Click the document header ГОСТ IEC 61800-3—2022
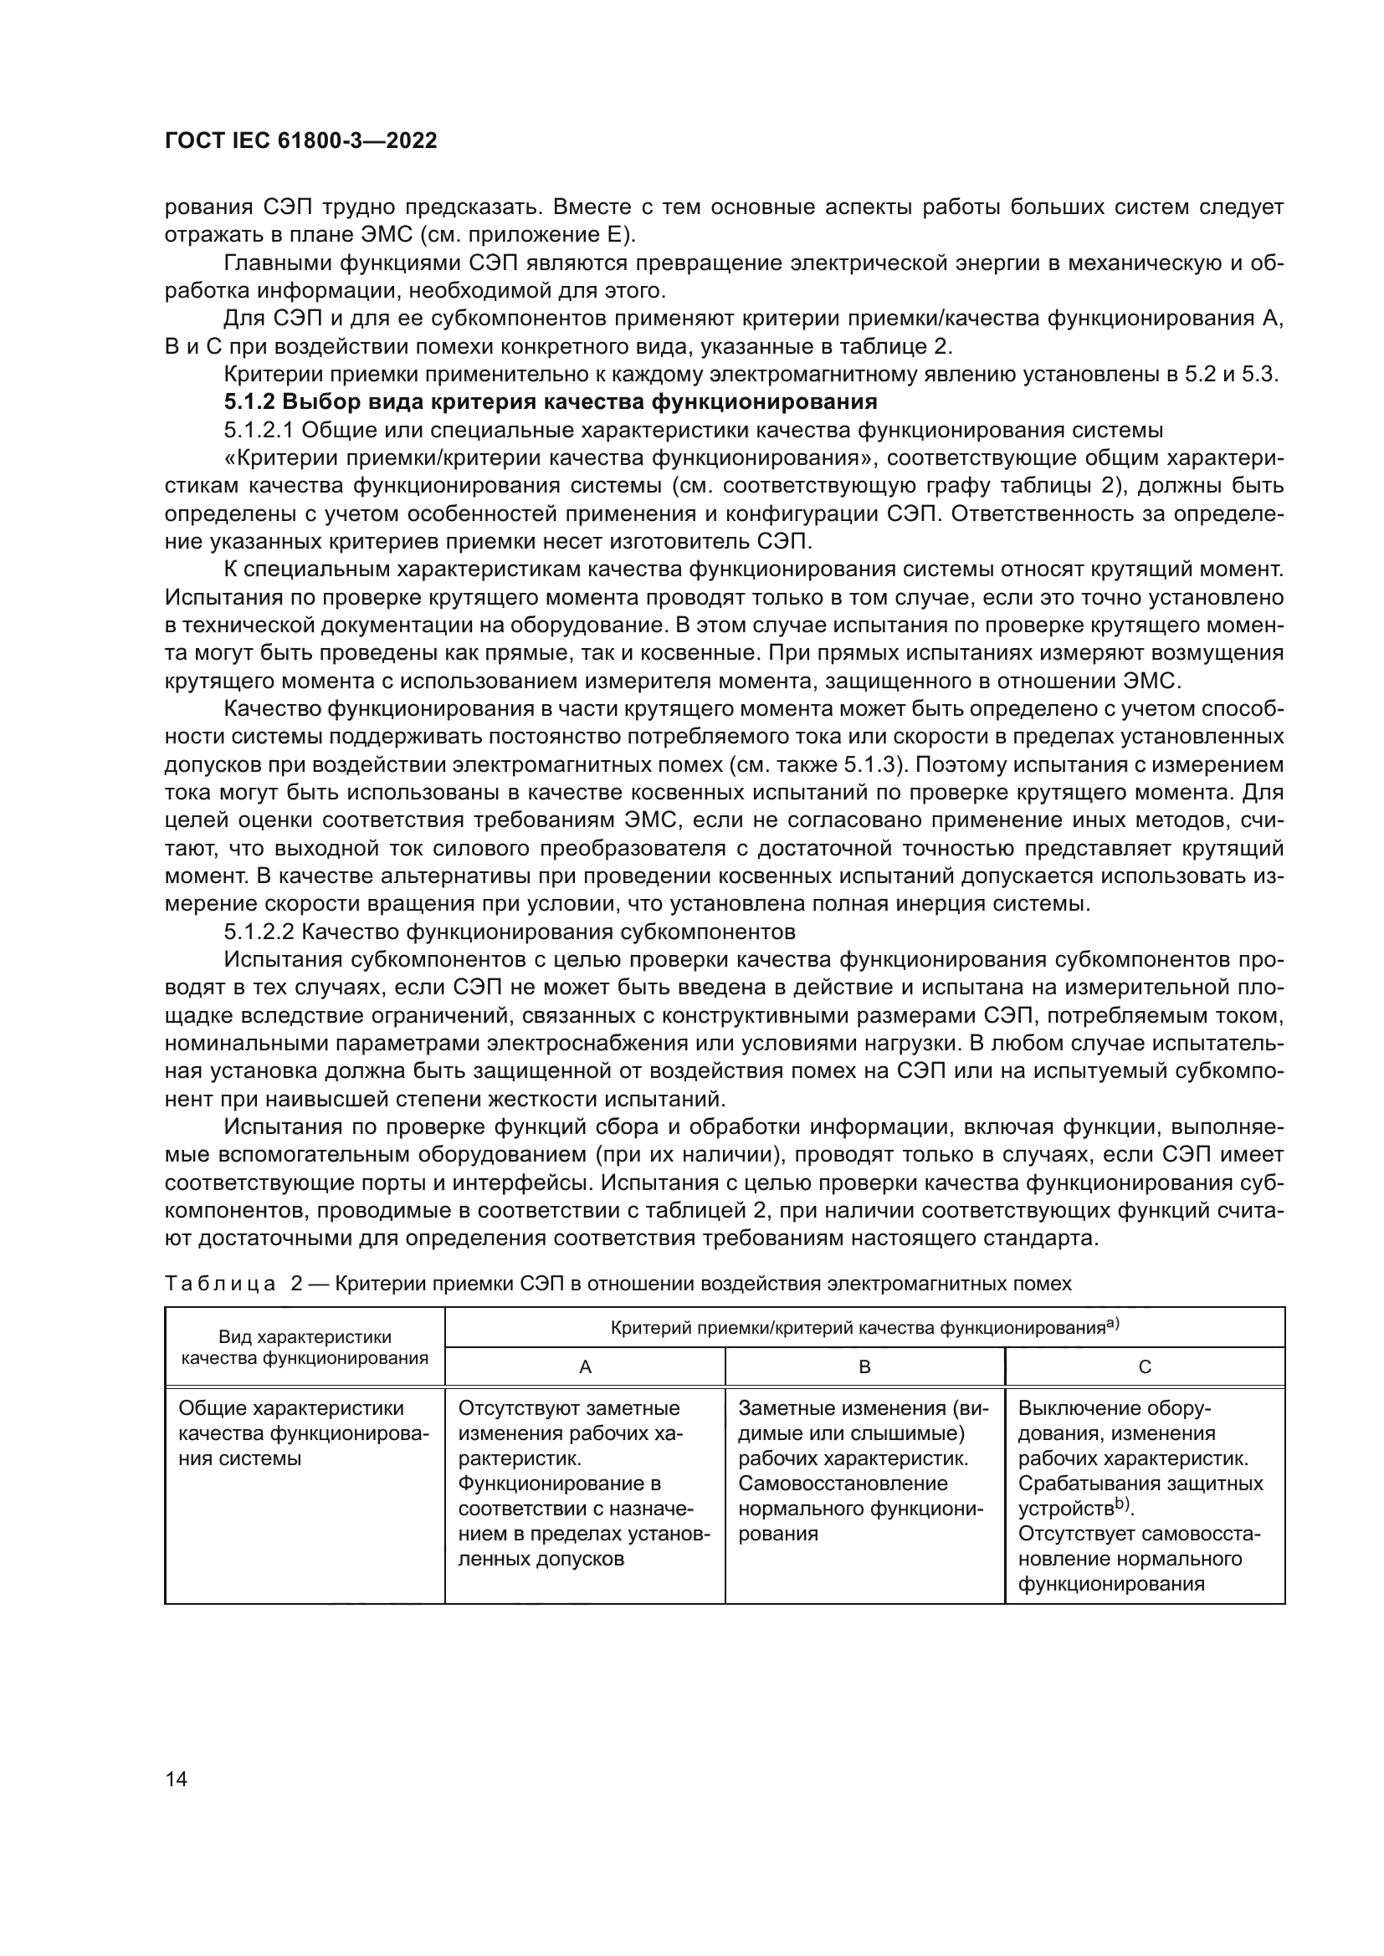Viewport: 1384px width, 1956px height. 300,141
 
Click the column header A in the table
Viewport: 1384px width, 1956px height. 585,1367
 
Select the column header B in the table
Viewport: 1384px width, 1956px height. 864,1367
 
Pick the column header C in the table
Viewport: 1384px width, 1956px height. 1145,1367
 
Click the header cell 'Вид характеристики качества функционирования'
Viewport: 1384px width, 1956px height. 305,1348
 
